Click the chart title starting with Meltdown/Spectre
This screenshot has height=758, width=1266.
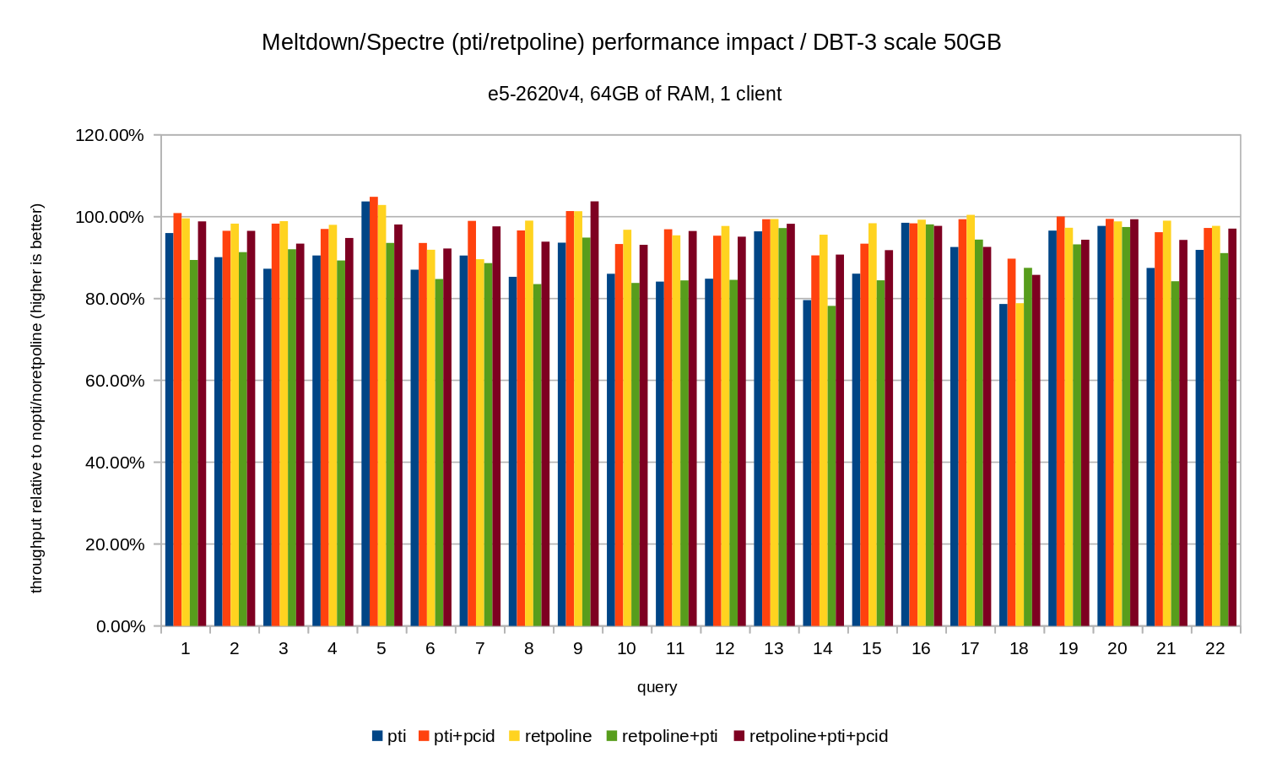631,42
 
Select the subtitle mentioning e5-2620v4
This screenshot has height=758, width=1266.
635,94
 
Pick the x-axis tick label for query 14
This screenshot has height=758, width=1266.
823,648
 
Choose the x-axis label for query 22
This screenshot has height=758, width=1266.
1215,648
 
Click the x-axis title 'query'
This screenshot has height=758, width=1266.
657,687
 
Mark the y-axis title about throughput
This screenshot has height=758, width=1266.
36,398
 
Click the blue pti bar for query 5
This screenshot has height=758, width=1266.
365,414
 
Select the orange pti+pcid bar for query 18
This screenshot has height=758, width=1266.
1011,443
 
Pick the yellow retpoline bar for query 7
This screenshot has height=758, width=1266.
480,443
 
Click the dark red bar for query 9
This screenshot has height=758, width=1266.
594,414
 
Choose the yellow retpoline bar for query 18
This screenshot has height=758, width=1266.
1020,464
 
